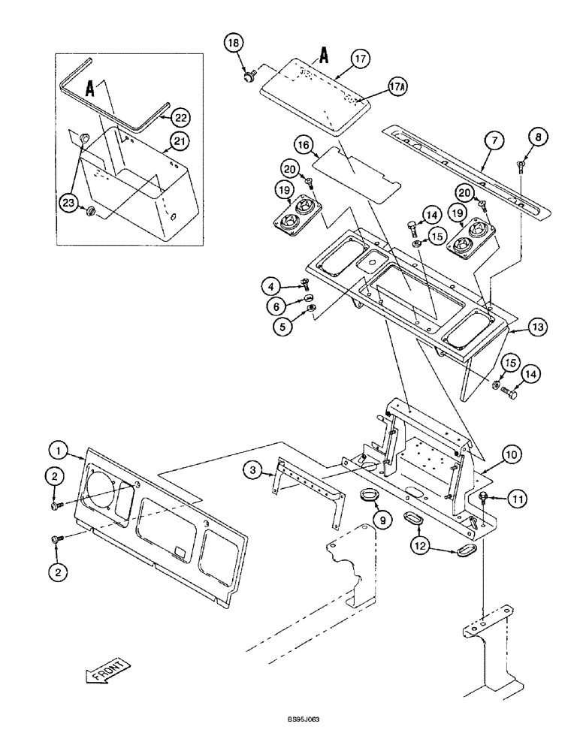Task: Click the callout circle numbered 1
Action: [58, 451]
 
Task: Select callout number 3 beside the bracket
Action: [253, 470]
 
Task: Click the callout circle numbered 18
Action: [233, 44]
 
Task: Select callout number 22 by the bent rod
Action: [180, 117]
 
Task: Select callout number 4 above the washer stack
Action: [271, 285]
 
